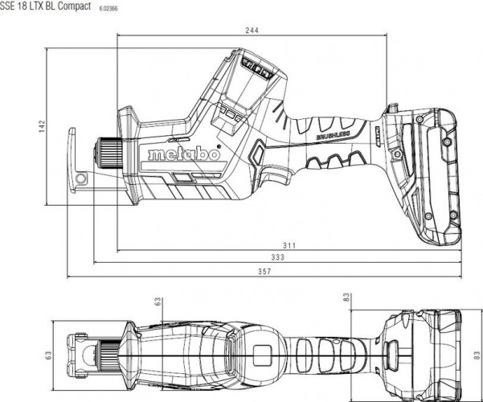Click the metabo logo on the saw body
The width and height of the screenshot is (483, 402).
(x=184, y=154)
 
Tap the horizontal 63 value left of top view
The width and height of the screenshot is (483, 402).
(x=48, y=352)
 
